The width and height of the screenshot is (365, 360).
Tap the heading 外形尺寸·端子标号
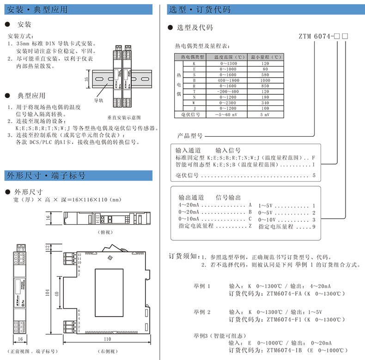[x=45, y=176]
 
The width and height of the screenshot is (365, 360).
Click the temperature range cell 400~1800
[x=224, y=80]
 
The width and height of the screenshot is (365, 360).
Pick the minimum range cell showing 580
[x=265, y=74]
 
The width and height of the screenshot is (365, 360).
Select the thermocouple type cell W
[x=194, y=103]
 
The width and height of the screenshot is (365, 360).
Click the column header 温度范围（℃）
[x=224, y=57]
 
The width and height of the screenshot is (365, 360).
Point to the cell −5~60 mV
[x=224, y=114]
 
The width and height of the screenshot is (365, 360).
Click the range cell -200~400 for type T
[x=224, y=91]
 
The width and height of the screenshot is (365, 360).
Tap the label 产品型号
[x=190, y=136]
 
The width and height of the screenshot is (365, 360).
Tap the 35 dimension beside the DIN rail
[x=87, y=79]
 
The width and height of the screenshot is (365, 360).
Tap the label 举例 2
[x=202, y=312]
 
